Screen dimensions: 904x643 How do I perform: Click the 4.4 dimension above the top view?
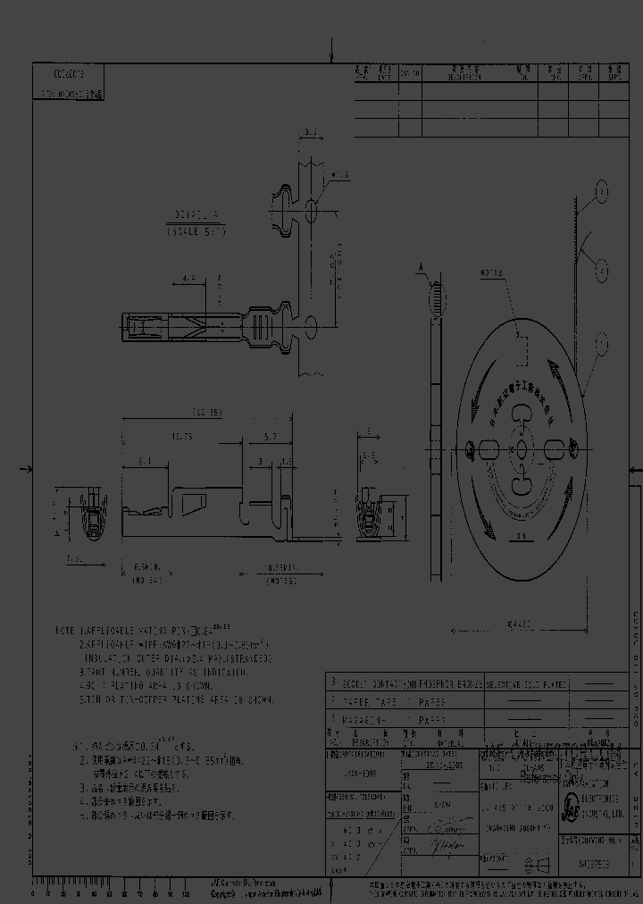188,279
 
